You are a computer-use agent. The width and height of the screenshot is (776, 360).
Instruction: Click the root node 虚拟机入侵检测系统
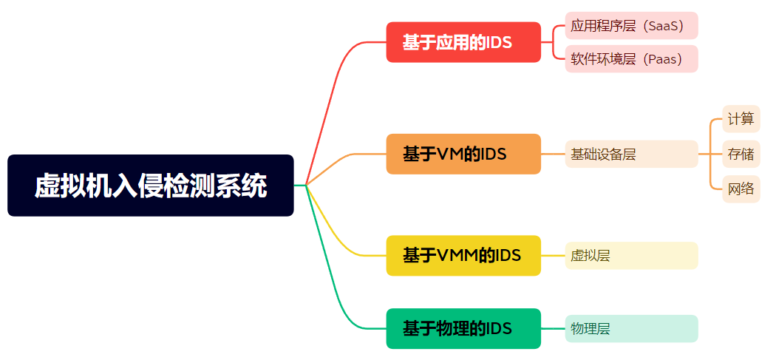click(150, 186)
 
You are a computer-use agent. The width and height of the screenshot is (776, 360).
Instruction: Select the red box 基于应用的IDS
click(463, 42)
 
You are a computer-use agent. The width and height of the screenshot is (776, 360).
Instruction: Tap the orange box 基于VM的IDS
click(463, 154)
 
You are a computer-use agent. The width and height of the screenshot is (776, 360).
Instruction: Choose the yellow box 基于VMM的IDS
click(463, 255)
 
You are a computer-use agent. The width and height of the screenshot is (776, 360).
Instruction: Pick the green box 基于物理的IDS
click(463, 328)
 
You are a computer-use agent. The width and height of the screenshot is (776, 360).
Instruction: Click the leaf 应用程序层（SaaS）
click(631, 26)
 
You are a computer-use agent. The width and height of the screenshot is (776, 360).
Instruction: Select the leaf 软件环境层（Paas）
click(631, 59)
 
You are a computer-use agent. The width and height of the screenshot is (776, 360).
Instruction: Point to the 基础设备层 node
click(631, 154)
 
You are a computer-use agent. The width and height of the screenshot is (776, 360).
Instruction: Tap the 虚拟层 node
click(631, 255)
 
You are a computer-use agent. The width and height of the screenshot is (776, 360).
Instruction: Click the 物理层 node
click(631, 328)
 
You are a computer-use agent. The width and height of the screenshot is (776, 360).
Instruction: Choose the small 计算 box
click(741, 118)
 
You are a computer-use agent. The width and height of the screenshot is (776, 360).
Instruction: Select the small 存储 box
click(741, 154)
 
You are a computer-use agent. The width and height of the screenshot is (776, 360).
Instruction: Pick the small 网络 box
click(741, 189)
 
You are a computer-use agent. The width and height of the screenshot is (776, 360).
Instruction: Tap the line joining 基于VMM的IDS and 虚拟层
click(553, 255)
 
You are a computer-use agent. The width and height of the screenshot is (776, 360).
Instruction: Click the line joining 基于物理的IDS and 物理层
click(553, 328)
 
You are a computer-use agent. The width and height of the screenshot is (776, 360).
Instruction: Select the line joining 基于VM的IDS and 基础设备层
click(553, 154)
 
